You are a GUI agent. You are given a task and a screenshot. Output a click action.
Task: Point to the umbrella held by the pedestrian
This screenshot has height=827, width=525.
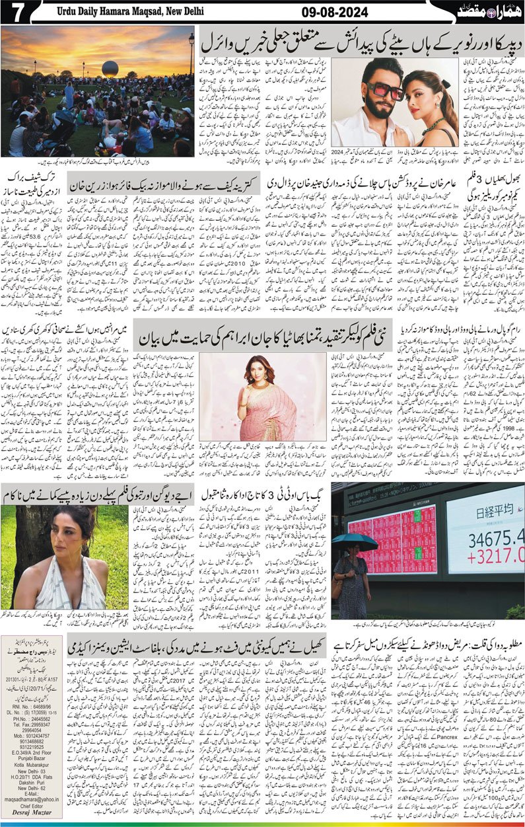pos(355,541)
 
